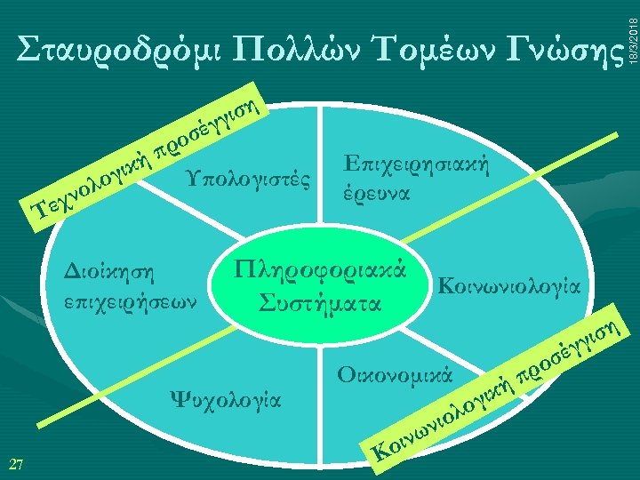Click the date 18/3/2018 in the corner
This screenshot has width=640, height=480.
coord(632,32)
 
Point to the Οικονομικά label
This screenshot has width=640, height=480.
coord(396,371)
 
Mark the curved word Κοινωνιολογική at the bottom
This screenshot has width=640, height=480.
coord(444,418)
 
